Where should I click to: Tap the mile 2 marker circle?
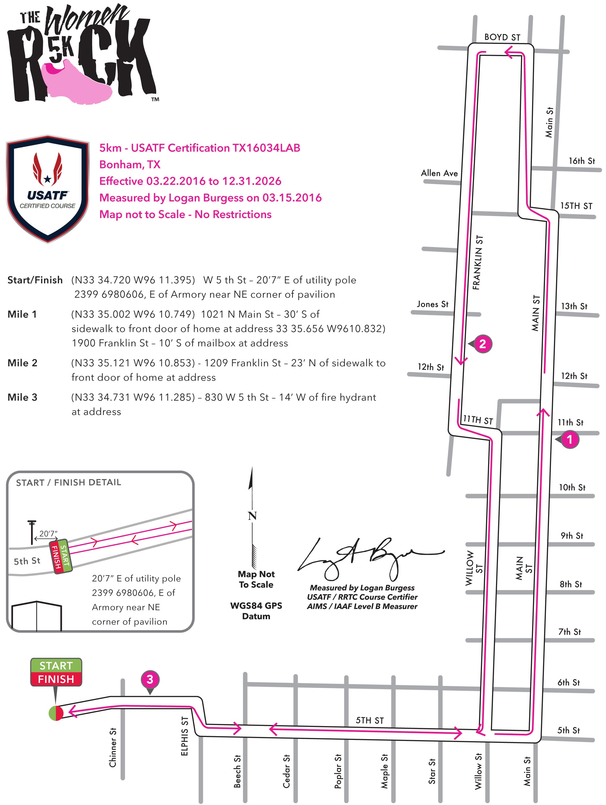point(483,344)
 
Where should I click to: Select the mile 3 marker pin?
point(150,679)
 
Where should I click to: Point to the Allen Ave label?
point(439,173)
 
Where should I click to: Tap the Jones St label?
point(433,304)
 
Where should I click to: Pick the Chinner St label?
point(113,748)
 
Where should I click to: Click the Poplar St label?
point(338,770)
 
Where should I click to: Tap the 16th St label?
point(582,161)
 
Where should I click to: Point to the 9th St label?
point(572,536)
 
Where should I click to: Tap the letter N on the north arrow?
point(252,516)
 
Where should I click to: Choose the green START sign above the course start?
point(56,666)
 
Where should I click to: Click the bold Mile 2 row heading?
point(23,363)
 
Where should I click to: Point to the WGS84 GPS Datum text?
point(256,611)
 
